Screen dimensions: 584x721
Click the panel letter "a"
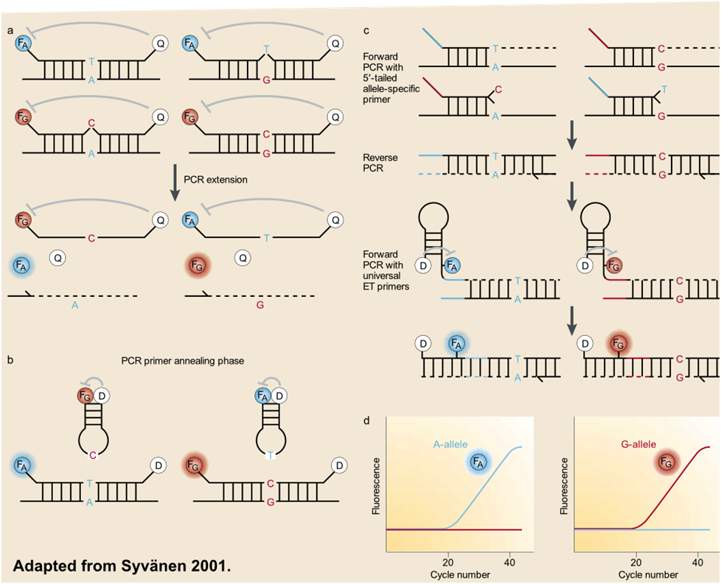(x=12, y=30)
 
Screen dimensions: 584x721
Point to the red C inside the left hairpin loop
(x=93, y=456)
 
